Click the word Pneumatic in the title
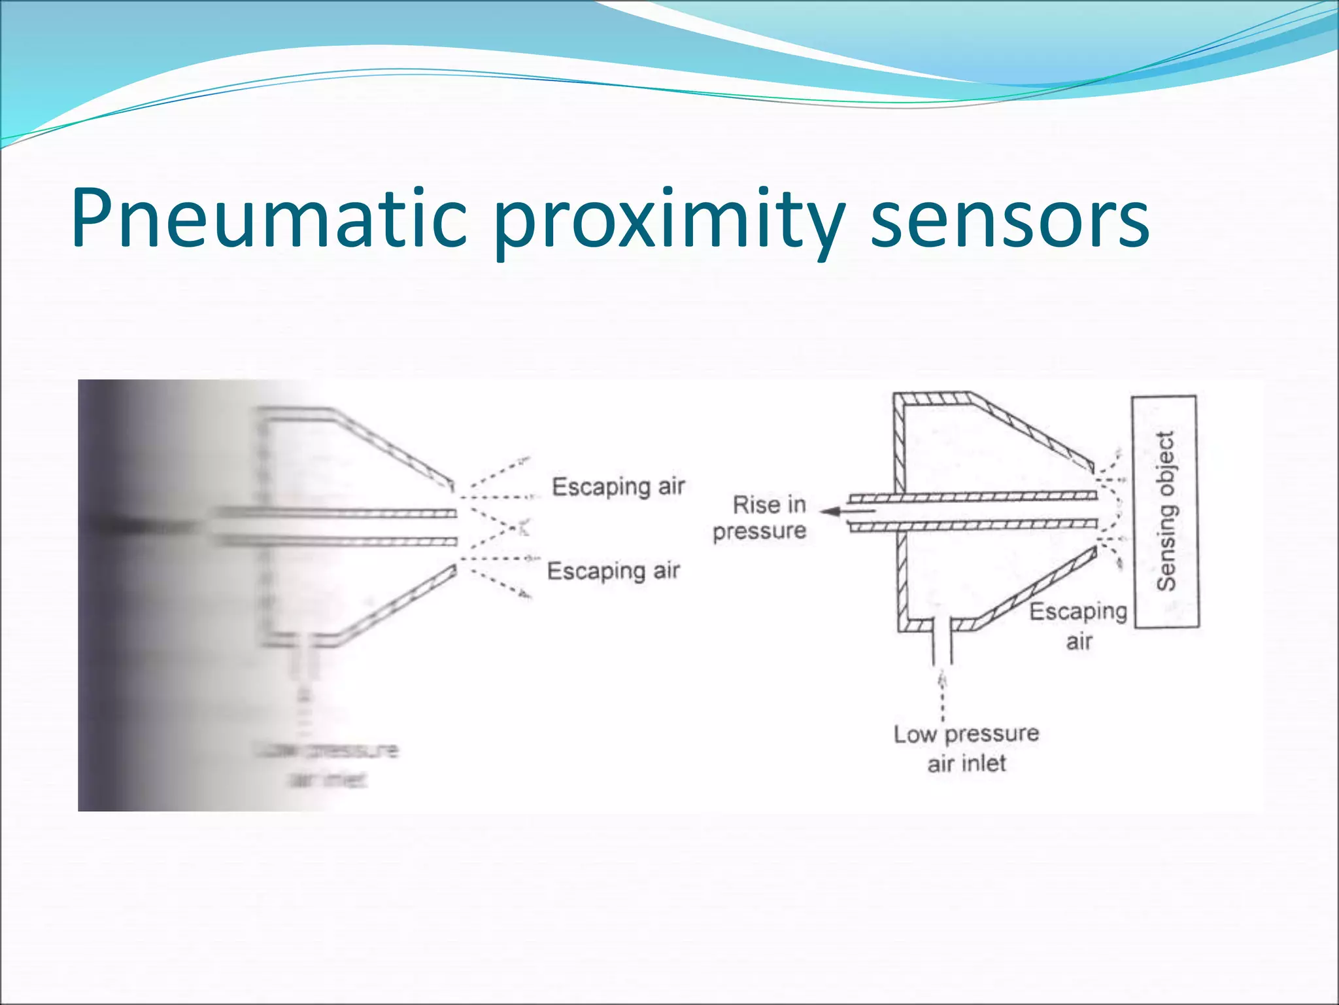click(x=268, y=219)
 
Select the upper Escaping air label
click(x=618, y=487)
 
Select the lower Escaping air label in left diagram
click(x=613, y=571)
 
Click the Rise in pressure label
click(x=762, y=518)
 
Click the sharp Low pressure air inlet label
click(x=966, y=748)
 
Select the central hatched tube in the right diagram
click(x=974, y=511)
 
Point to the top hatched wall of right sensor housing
click(x=932, y=398)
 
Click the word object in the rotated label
click(x=1166, y=458)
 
